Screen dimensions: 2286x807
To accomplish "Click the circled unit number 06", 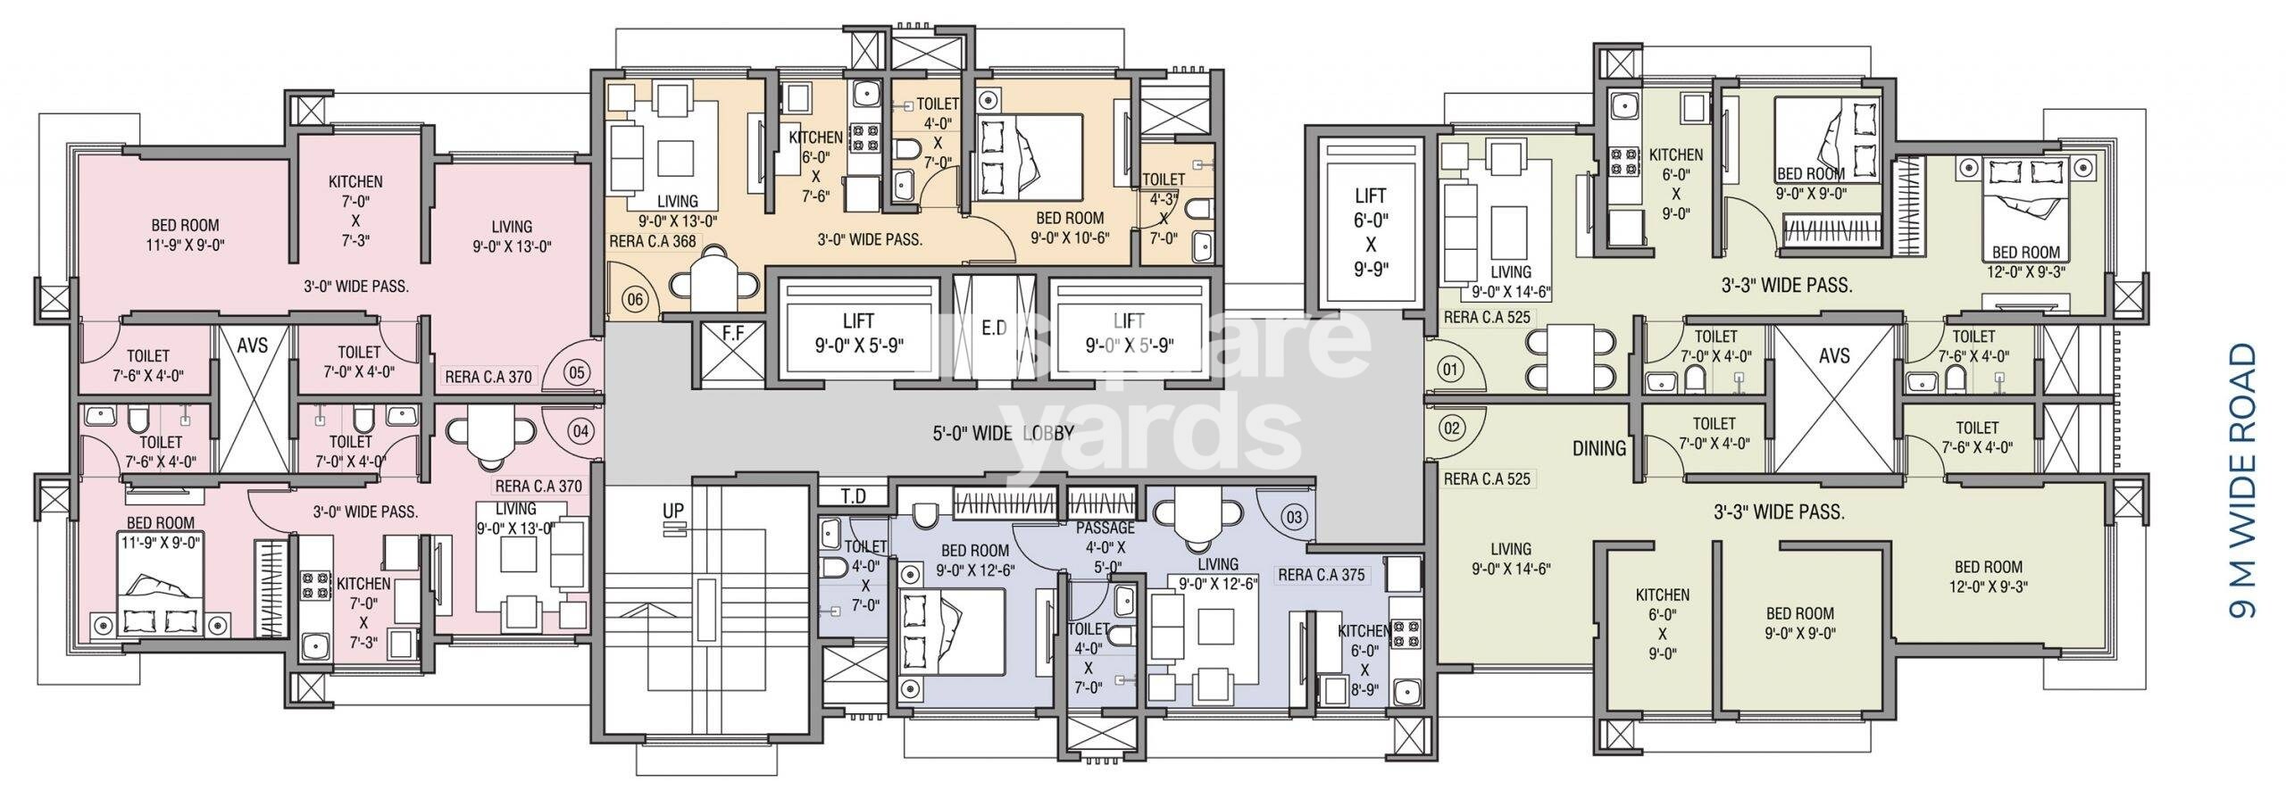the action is coord(635,300).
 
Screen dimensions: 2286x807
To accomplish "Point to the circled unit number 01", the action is coord(1449,368).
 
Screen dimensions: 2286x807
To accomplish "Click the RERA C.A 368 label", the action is coord(651,241).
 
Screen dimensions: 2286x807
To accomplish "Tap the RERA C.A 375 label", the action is coord(1322,575).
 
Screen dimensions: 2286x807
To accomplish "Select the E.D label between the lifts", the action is coord(994,329).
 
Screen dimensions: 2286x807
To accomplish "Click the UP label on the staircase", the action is coord(672,510).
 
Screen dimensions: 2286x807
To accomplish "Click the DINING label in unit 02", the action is coord(1598,448).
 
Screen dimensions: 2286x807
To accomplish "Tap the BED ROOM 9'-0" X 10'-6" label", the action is coord(1069,227).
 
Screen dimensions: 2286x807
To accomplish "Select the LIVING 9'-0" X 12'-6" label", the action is coord(1218,573).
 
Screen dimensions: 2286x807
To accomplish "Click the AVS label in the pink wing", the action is coord(253,345).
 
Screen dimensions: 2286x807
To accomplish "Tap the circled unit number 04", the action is coord(581,431).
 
